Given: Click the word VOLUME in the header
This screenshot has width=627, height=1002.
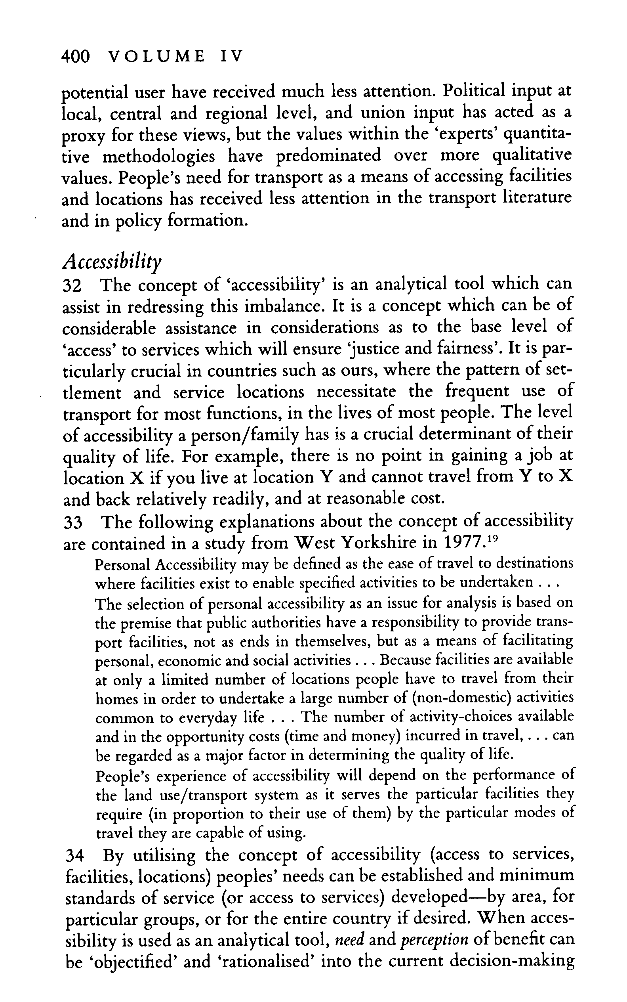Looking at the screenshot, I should click(x=156, y=56).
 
